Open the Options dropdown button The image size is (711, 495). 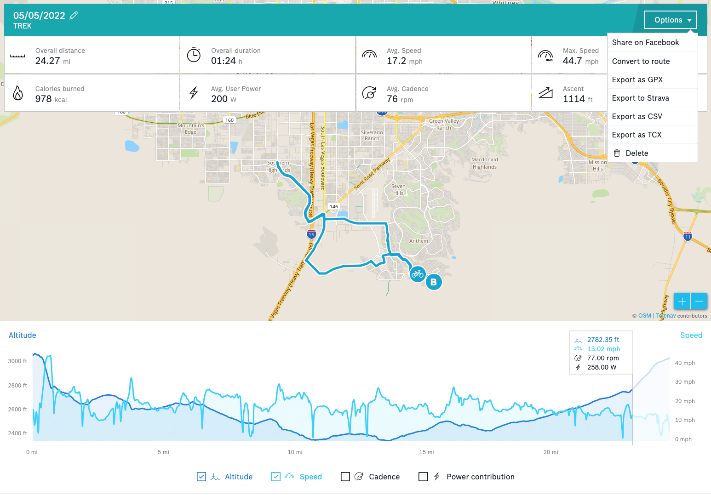671,20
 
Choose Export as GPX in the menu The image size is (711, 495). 637,80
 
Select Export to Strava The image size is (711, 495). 640,98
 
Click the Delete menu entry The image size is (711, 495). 636,153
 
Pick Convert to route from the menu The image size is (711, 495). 641,61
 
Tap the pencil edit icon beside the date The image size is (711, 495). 74,16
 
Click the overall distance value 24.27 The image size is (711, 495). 48,61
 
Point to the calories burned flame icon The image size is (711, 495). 18,93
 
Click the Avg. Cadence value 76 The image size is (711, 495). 392,99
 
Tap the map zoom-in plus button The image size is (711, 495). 682,301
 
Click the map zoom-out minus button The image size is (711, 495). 699,301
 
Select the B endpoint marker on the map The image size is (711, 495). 433,282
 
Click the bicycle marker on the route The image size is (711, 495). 418,274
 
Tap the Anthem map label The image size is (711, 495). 419,241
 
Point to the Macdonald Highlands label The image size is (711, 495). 485,163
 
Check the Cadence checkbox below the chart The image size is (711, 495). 345,477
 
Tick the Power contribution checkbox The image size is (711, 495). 423,477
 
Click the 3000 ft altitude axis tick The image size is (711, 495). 17,361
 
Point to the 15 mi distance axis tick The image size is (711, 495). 426,452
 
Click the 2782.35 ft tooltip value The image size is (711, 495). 603,340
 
